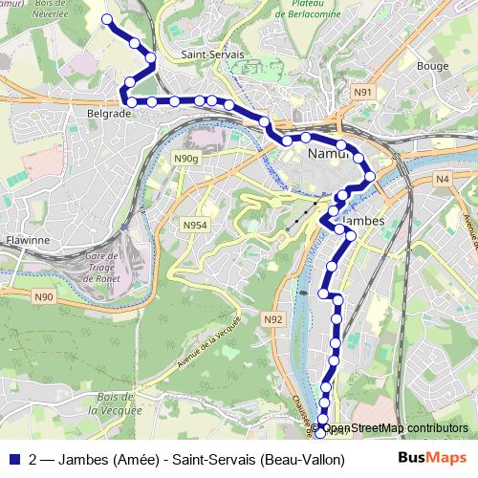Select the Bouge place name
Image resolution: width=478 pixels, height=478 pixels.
click(432, 66)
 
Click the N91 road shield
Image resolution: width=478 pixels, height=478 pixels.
click(360, 92)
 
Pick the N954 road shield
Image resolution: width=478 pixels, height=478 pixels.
click(195, 226)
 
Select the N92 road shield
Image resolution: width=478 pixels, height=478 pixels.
click(273, 319)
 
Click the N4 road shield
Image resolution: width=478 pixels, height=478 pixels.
click(442, 179)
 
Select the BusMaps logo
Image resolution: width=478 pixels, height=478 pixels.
click(431, 458)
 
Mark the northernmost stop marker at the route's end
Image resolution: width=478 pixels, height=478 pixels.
click(107, 19)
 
